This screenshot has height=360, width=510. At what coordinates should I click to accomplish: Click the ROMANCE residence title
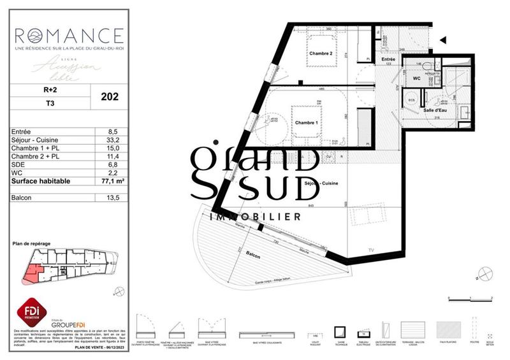[x=68, y=34]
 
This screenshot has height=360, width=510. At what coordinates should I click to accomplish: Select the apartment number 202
[x=110, y=97]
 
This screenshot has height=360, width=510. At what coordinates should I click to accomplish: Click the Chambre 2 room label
[x=321, y=54]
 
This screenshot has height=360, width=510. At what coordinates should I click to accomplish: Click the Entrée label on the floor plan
[x=388, y=59]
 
